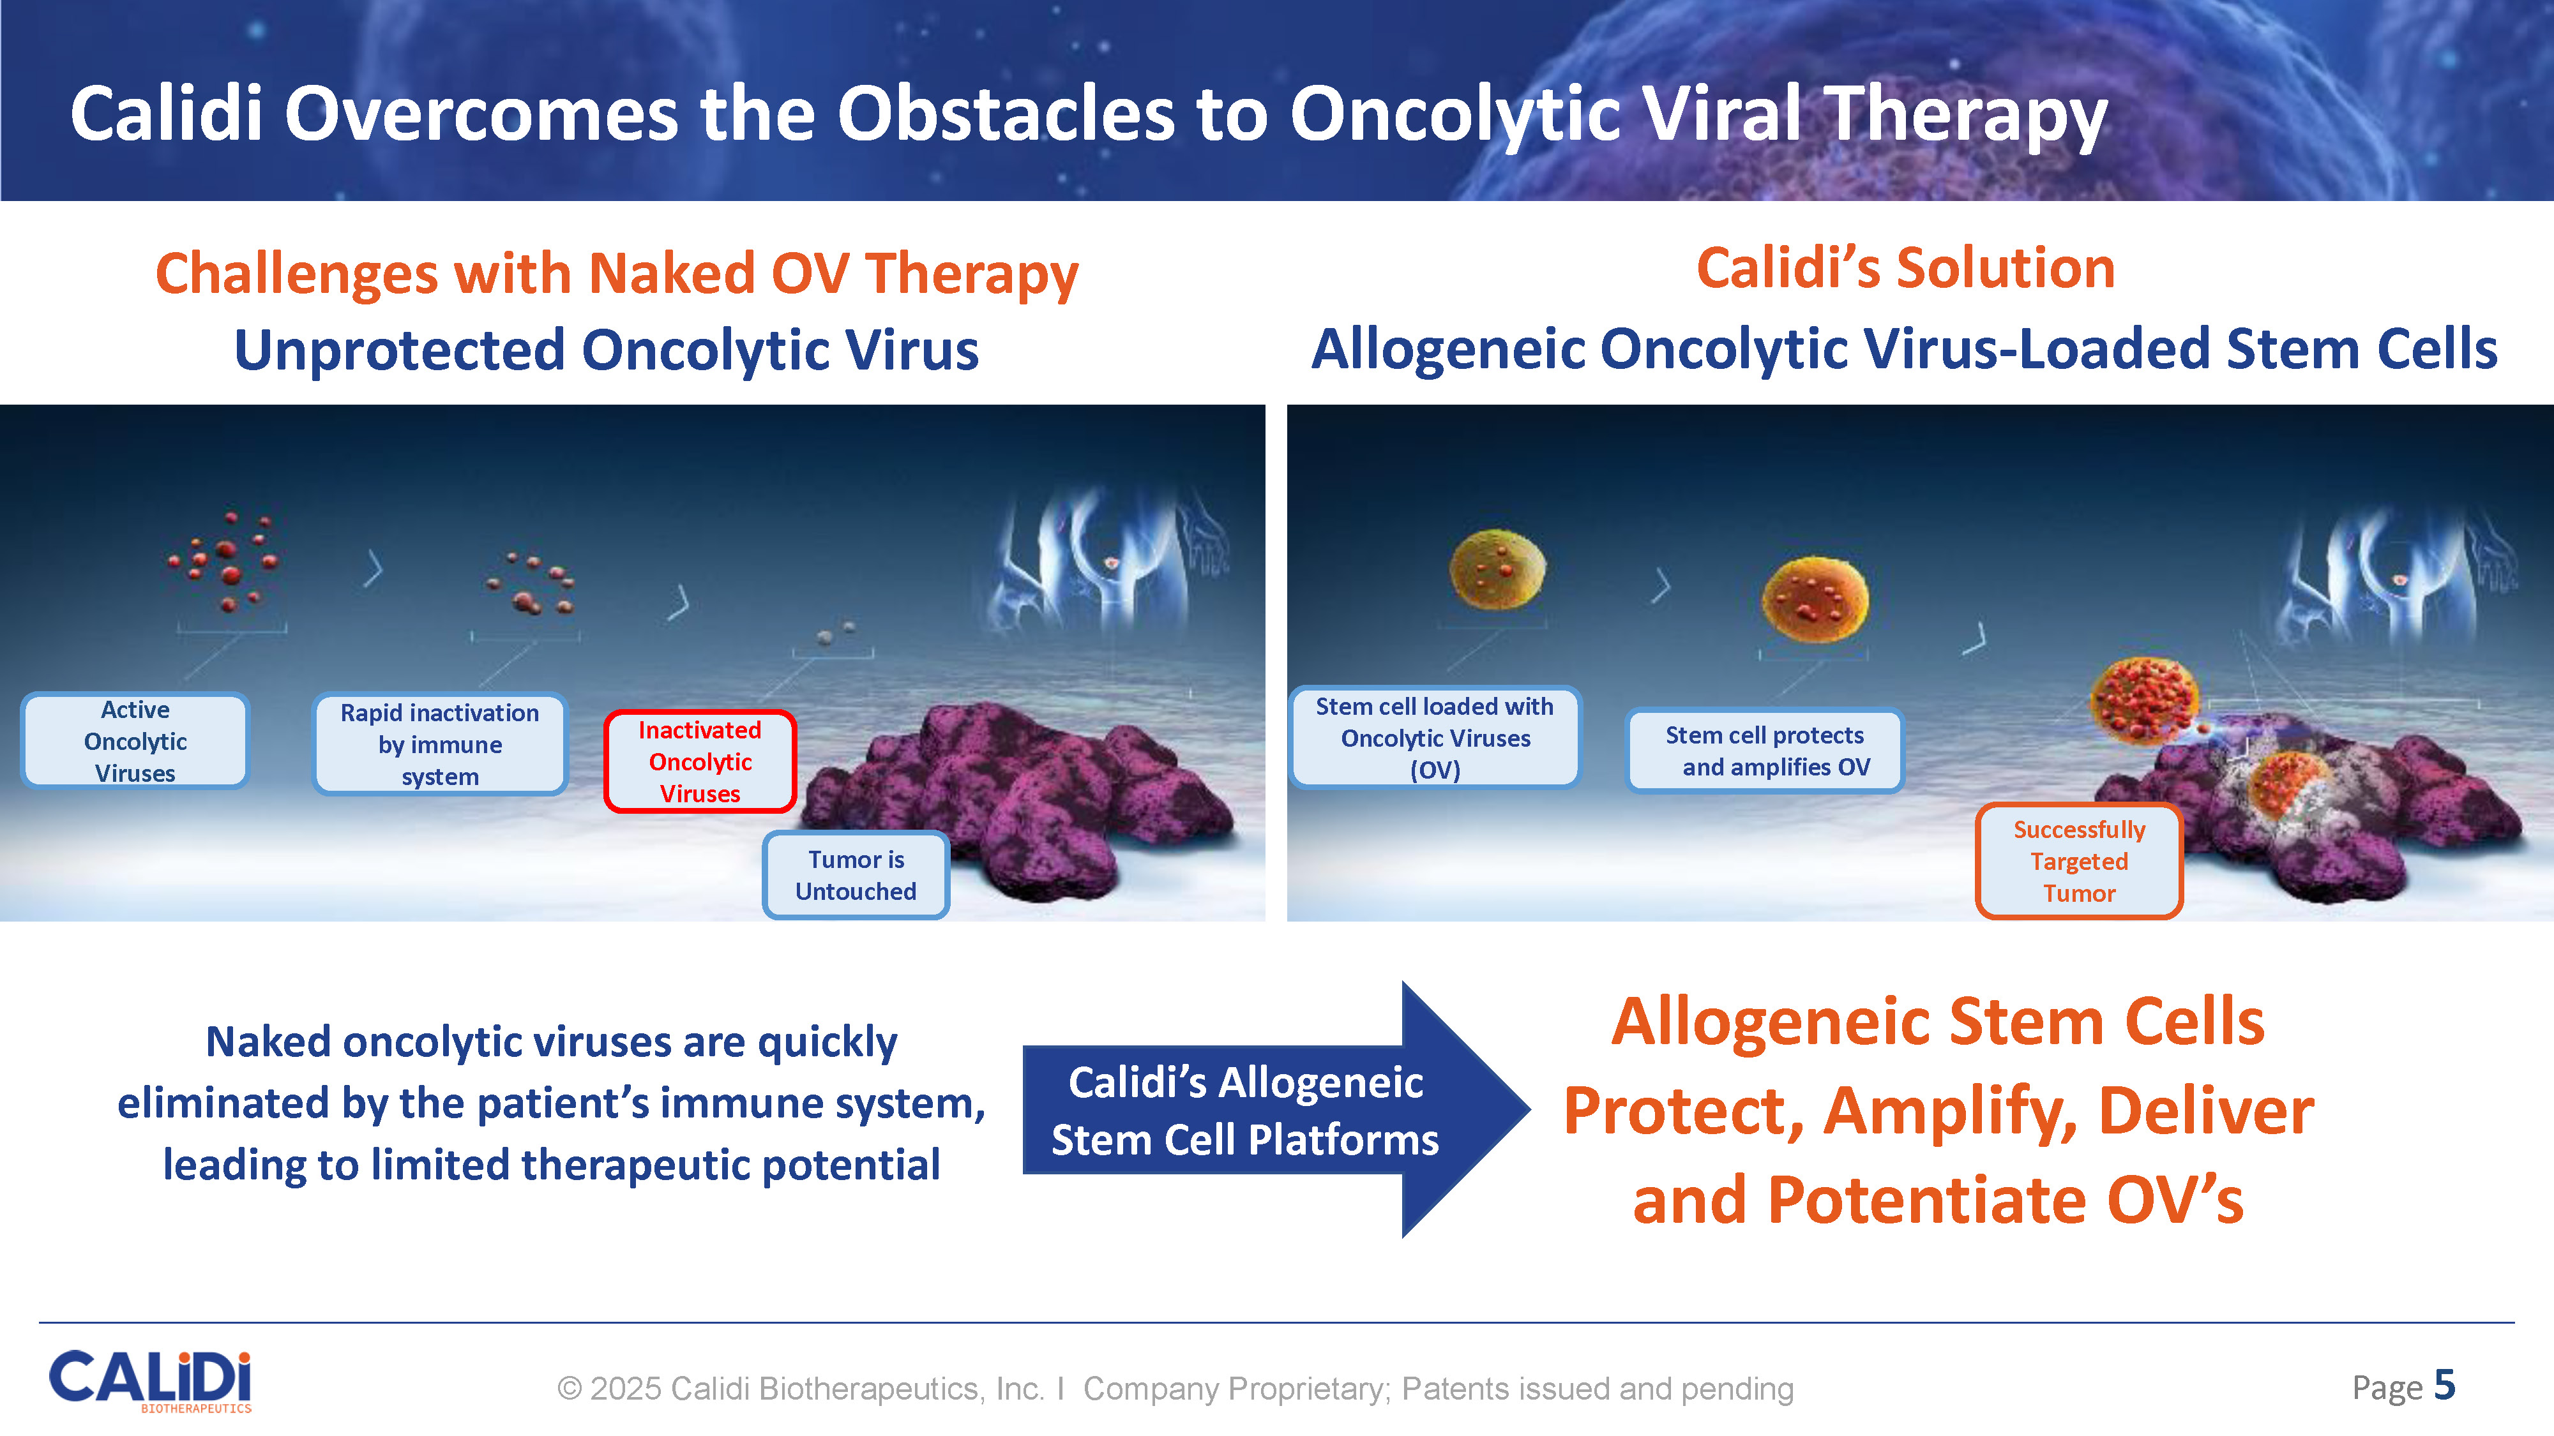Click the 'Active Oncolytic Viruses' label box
pyautogui.click(x=135, y=740)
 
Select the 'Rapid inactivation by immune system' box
pyautogui.click(x=439, y=744)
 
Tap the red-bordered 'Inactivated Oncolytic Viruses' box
pyautogui.click(x=700, y=761)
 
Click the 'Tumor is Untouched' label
pyautogui.click(x=856, y=875)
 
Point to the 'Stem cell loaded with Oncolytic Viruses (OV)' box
pyautogui.click(x=1435, y=737)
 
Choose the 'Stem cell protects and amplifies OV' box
pyautogui.click(x=1765, y=750)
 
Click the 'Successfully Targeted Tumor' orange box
pyautogui.click(x=2079, y=860)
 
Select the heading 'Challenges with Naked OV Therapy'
pyautogui.click(x=617, y=274)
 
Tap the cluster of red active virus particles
pyautogui.click(x=226, y=561)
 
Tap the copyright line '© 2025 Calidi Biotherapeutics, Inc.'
pyautogui.click(x=800, y=1388)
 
